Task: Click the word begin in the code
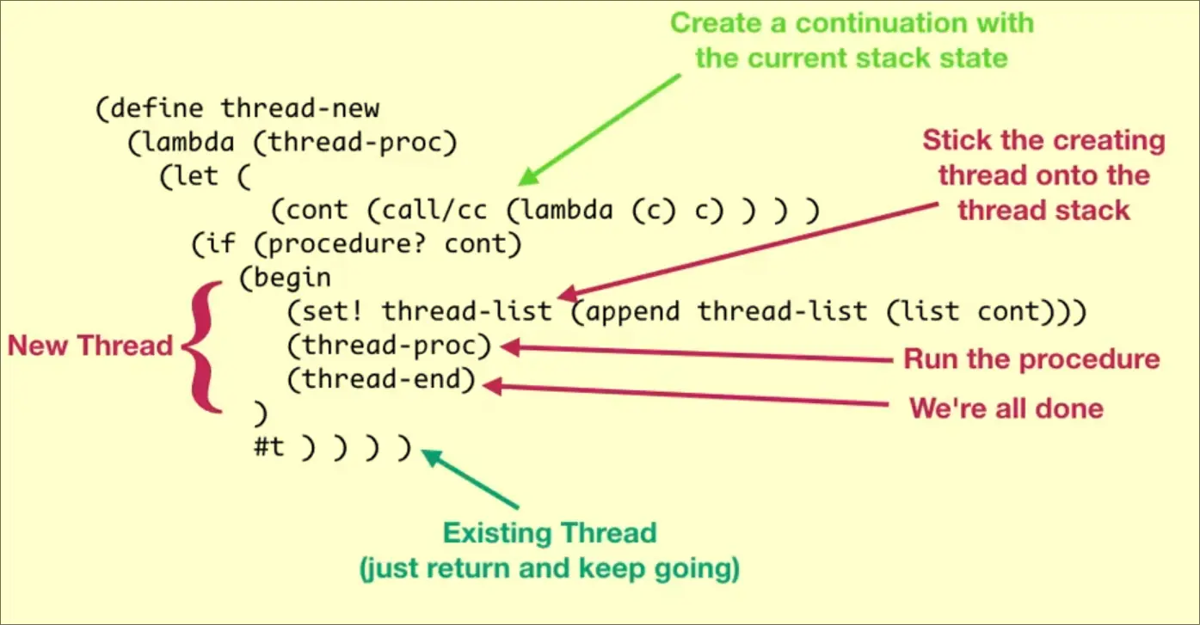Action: [292, 279]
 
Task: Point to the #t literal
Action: [268, 449]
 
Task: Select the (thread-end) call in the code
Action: [382, 380]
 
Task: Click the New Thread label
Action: [90, 346]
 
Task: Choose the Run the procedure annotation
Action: [1031, 358]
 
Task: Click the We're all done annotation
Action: [1006, 407]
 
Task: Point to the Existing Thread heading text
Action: [550, 533]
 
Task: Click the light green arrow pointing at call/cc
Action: [602, 128]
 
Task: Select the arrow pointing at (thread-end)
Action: [688, 395]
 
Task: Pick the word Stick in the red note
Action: [955, 140]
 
